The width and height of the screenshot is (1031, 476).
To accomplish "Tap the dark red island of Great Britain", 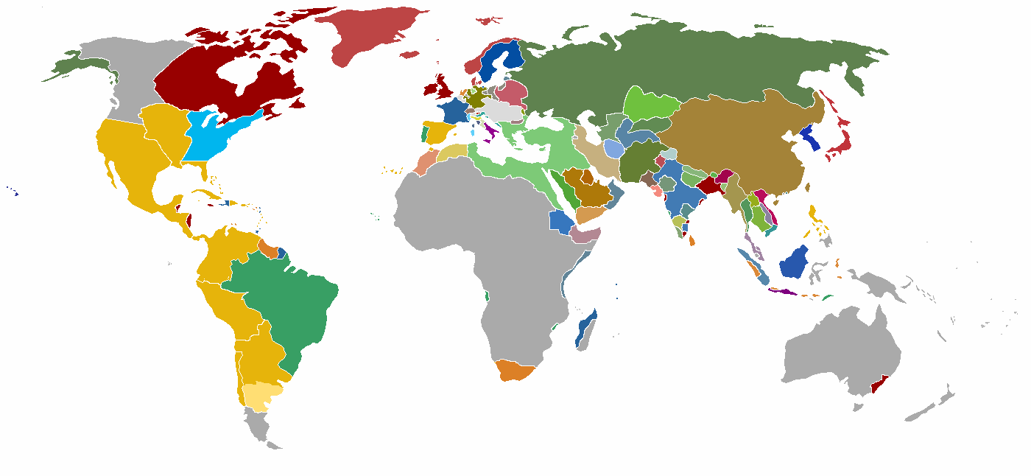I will [444, 87].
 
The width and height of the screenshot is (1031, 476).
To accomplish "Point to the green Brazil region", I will [287, 302].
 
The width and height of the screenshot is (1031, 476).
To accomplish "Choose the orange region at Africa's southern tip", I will [517, 370].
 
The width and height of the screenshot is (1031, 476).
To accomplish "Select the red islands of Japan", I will [840, 148].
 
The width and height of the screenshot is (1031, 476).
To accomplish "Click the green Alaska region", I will [74, 66].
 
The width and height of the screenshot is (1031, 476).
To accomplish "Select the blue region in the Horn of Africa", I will [561, 221].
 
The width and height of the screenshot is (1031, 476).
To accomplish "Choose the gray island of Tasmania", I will [856, 406].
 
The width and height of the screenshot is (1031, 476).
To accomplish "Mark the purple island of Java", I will [782, 292].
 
